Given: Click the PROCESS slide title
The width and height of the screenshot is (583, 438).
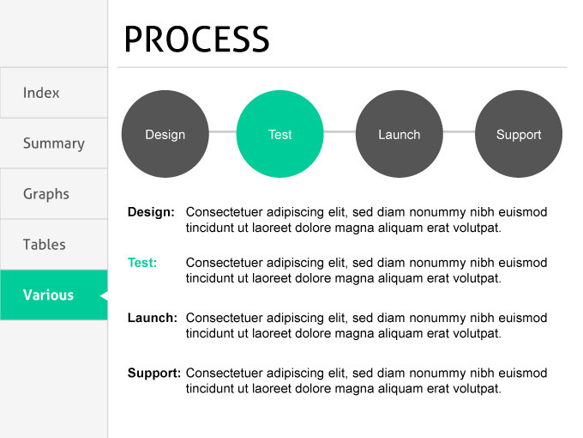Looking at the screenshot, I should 196,39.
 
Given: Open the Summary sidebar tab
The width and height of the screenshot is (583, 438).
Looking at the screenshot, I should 53,143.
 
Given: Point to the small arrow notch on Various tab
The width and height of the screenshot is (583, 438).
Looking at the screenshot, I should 104,295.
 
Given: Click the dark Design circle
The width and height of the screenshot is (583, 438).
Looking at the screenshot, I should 165,134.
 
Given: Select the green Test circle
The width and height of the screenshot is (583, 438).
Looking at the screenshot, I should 279,134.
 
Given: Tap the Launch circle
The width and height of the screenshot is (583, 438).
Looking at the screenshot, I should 399,134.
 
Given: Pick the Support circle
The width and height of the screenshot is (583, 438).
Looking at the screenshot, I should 519,134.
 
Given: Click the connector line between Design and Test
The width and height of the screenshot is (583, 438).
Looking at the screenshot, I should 222,131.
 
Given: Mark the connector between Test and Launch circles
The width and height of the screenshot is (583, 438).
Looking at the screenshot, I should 339,131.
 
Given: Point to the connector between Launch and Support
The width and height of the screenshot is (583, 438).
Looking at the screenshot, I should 459,131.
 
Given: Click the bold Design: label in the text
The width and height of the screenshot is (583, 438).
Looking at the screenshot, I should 151,211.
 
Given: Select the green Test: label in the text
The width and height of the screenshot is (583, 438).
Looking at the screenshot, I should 142,263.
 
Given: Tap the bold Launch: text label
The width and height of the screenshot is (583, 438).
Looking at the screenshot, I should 152,318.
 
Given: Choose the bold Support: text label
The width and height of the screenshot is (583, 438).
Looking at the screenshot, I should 153,373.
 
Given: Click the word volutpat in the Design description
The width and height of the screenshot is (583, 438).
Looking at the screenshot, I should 477,228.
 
